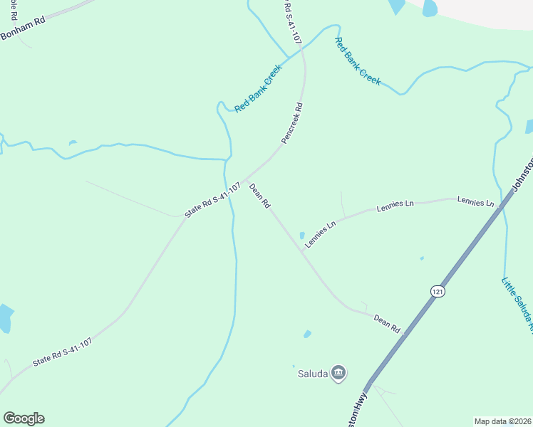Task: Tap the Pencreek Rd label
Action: point(292,124)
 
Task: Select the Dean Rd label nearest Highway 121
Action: point(387,324)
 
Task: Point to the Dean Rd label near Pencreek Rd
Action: point(259,196)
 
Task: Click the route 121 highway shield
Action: point(437,291)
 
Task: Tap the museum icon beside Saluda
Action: point(339,372)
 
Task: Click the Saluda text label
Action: point(311,372)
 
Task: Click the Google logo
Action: point(24,418)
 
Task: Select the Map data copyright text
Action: point(503,421)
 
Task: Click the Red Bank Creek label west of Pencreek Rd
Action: point(259,88)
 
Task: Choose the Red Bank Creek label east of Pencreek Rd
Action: point(358,61)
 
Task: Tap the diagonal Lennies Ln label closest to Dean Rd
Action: point(320,234)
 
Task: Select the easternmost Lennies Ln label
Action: point(475,203)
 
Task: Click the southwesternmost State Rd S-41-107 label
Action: point(62,352)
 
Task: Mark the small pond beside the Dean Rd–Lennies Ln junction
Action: point(302,236)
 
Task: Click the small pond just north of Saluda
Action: point(307,334)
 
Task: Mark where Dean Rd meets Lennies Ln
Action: point(301,251)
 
